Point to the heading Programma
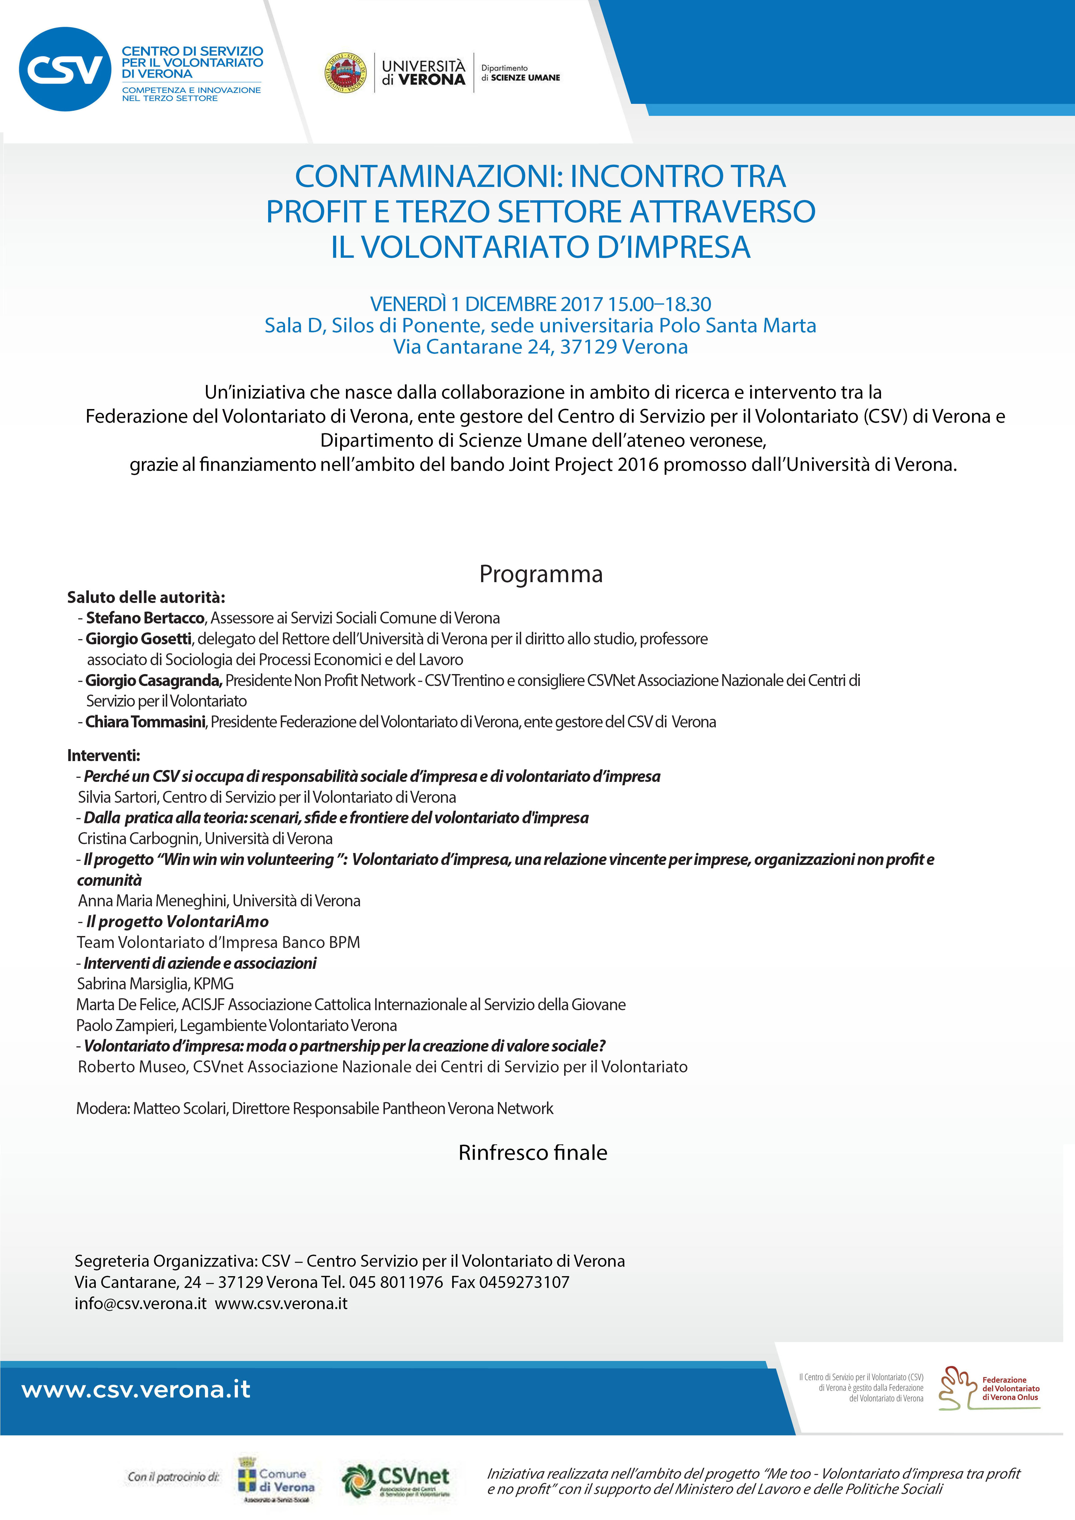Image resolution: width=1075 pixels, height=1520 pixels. coord(541,574)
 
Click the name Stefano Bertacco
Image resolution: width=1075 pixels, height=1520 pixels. coord(145,618)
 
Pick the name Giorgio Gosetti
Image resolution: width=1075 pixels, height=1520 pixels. coord(138,639)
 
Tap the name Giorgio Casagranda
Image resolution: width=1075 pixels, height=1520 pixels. coord(154,680)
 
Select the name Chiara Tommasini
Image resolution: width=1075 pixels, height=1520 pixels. coord(145,722)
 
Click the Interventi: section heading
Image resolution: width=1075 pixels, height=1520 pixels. coord(103,755)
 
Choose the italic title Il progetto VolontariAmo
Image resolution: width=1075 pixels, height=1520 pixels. coord(177,922)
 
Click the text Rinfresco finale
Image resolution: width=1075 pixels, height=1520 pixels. coord(533,1153)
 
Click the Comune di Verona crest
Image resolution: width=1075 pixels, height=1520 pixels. coord(247,1475)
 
